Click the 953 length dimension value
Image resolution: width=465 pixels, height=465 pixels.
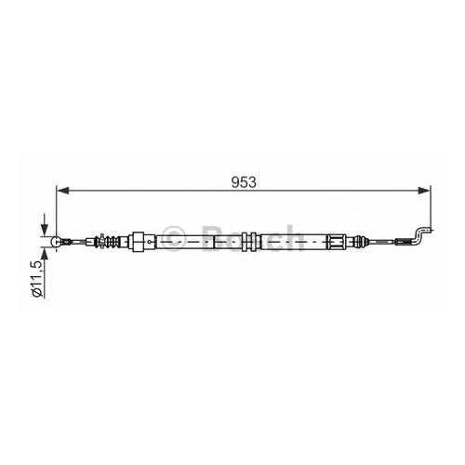click(244, 182)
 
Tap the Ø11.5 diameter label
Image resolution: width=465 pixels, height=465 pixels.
click(37, 279)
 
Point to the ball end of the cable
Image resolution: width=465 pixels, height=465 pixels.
click(56, 242)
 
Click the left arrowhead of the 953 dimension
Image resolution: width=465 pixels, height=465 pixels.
click(63, 191)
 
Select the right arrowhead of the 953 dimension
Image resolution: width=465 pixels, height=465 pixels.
click(424, 191)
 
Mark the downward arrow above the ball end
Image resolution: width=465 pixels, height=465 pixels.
click(45, 224)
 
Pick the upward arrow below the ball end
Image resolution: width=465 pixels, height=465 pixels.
click(45, 259)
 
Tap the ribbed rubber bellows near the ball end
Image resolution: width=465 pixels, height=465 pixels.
click(110, 242)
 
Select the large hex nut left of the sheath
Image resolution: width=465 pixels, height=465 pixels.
click(139, 242)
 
